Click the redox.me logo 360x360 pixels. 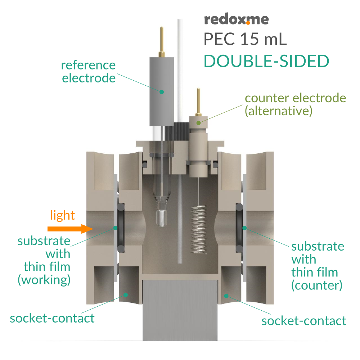(236, 19)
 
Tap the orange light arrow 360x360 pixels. (68, 229)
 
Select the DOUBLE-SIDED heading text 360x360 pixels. (266, 61)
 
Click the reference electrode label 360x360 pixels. (89, 71)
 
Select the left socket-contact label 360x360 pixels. (52, 318)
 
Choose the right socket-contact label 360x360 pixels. (304, 320)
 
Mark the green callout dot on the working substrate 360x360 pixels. (116, 228)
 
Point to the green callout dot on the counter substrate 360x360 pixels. (244, 228)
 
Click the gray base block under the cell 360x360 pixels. (180, 310)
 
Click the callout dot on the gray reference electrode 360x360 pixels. (162, 92)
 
